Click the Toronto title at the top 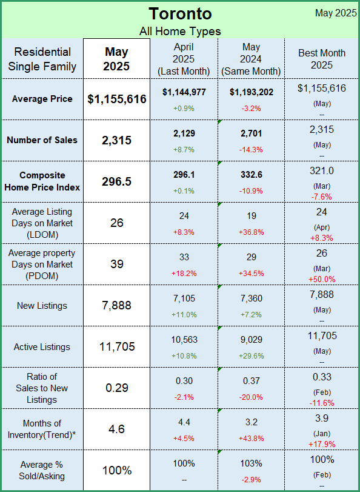[180, 14]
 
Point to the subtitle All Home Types [180, 32]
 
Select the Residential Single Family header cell [42, 59]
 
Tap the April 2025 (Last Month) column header [184, 59]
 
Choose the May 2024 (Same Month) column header [251, 59]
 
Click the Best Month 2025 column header [322, 59]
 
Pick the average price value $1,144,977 [184, 92]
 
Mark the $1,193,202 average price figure [251, 92]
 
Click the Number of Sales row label [42, 140]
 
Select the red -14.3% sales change [251, 150]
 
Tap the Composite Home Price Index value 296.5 [116, 181]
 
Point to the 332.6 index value [251, 175]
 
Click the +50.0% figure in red [322, 279]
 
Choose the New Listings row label [42, 306]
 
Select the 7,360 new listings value [251, 298]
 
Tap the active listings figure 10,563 [184, 340]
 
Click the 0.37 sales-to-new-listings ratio [251, 381]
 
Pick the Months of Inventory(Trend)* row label [42, 429]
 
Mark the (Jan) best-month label [322, 434]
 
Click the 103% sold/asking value [251, 463]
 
